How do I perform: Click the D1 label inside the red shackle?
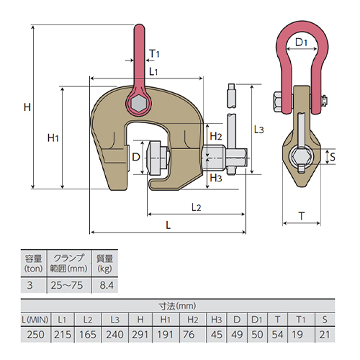click(301, 42)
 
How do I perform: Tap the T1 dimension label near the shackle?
click(154, 53)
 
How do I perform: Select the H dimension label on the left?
click(27, 107)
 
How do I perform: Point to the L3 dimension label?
click(258, 130)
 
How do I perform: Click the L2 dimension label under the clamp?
click(197, 207)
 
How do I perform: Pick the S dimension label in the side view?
click(333, 157)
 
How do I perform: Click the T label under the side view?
click(302, 216)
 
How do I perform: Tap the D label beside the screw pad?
click(136, 157)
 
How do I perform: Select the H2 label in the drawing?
click(216, 136)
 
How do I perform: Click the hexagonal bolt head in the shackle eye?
click(139, 104)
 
